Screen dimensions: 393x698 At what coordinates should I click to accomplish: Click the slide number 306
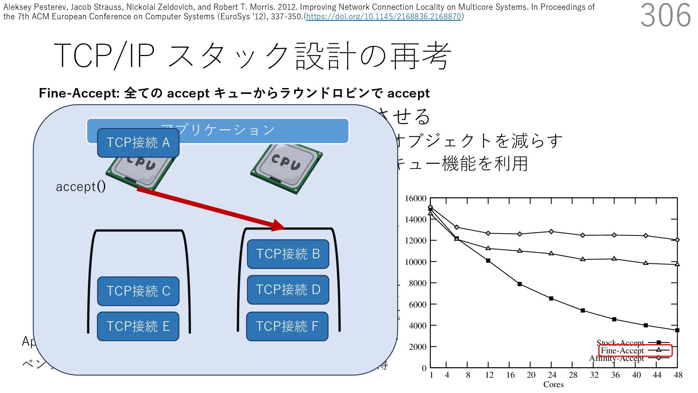point(665,15)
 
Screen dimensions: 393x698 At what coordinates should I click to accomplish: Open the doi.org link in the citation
point(384,17)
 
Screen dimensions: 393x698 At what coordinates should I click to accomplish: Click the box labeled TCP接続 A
point(138,143)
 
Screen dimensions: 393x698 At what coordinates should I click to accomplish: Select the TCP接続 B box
point(288,254)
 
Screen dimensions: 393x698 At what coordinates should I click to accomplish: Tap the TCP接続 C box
point(138,291)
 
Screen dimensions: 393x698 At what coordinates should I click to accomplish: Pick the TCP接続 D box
point(288,290)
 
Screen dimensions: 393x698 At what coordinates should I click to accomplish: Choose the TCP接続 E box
point(138,326)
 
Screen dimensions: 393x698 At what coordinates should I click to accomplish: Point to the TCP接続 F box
point(287,326)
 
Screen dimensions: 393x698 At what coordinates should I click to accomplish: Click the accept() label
point(81,187)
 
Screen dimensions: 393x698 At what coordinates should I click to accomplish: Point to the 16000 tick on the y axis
point(416,199)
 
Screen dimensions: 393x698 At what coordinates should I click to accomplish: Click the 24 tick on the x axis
point(552,375)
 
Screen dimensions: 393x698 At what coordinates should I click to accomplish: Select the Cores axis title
point(553,385)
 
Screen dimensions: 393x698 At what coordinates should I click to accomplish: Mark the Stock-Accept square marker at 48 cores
point(677,330)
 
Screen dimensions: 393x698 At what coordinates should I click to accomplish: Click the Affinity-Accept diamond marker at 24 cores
point(551,231)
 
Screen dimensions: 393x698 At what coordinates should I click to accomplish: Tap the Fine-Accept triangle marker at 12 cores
point(488,248)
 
